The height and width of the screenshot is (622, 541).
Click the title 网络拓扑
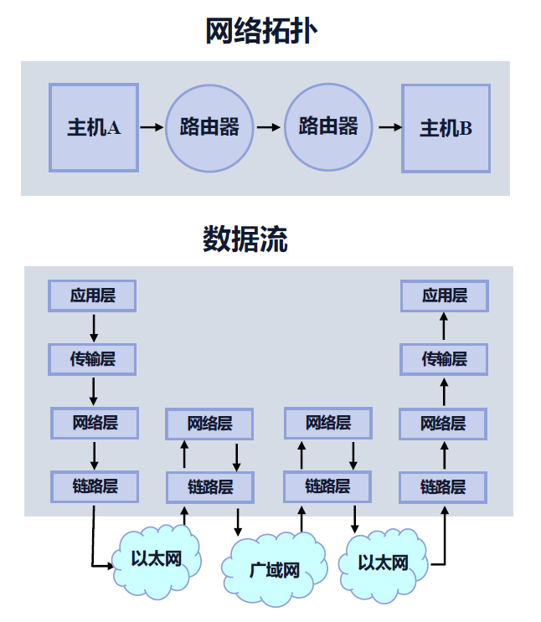coord(262,31)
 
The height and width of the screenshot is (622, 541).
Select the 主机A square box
coord(93,128)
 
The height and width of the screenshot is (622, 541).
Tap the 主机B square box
coord(446,128)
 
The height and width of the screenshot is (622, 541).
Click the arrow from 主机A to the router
coord(152,127)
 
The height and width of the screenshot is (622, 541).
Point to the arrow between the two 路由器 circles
coord(268,127)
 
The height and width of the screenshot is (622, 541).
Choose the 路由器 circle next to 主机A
coord(209,127)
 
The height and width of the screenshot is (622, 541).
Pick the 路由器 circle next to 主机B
coord(327,126)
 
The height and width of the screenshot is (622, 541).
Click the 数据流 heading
coord(245,239)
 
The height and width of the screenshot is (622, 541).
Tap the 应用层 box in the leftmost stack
coord(92,296)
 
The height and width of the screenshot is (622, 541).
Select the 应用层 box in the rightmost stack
coord(444,296)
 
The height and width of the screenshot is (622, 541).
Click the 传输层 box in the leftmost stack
coord(92,359)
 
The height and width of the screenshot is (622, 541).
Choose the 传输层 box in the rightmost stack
coord(444,359)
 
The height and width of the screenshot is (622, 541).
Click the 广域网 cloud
coord(275,571)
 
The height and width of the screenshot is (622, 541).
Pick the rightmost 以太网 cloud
coord(383,563)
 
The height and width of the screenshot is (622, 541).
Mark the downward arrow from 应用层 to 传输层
coord(93,326)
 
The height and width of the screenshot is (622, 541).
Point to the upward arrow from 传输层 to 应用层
coord(444,327)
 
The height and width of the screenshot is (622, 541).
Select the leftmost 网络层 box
coord(94,423)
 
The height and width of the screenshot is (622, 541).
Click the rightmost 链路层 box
coord(443,486)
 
